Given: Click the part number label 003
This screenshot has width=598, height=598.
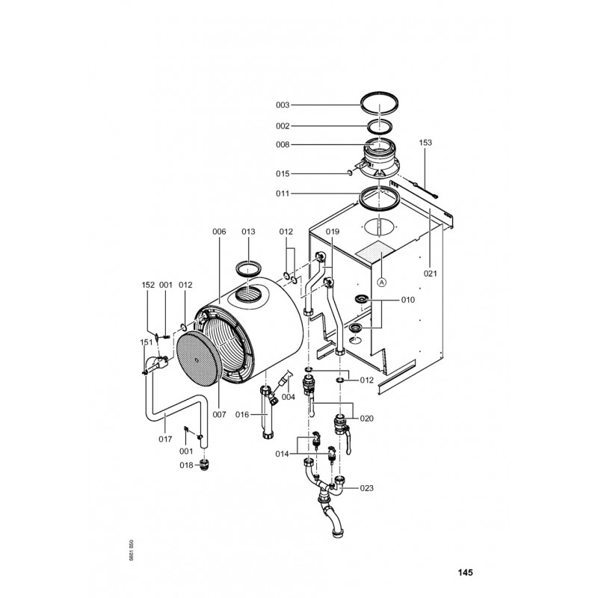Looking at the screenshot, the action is (283, 105).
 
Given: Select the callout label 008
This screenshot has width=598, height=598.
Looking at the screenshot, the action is (283, 144).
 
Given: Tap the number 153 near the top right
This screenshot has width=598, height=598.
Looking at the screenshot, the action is (425, 143).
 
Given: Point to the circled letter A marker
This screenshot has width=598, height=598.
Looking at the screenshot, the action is (382, 283).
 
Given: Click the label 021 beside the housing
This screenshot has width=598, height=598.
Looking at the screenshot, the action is (431, 274).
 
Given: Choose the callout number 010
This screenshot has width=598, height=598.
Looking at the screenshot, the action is (407, 300).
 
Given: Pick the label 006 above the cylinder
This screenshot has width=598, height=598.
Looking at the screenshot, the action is (219, 232).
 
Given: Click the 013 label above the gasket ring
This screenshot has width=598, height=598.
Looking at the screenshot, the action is (248, 232).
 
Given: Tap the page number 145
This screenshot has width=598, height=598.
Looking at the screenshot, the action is (465, 573).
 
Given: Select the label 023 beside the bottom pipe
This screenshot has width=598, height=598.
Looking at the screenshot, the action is (366, 488).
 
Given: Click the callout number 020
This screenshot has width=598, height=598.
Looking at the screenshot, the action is (366, 419).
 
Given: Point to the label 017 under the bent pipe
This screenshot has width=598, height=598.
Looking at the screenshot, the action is (165, 440).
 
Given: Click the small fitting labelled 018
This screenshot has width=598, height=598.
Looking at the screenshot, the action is (205, 466).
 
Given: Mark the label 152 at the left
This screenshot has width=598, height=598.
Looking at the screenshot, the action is (148, 285).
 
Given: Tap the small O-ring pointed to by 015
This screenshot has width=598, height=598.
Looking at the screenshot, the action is (349, 173).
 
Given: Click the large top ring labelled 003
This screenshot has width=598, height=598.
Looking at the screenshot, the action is (380, 93).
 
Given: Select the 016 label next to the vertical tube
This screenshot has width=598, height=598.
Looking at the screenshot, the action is (241, 415).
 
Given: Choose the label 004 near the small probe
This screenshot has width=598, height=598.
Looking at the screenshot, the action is (289, 397).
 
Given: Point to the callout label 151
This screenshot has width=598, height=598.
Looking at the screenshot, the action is (146, 342).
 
